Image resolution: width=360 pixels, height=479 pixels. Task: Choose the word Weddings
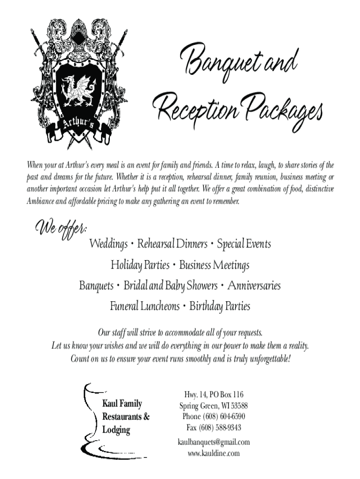pos(108,244)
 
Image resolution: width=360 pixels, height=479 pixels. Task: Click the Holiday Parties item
pos(140,265)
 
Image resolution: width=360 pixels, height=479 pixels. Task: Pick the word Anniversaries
pos(254,285)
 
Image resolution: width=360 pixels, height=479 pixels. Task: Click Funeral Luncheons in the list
pos(144,306)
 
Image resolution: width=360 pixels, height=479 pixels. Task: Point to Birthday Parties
pos(220,307)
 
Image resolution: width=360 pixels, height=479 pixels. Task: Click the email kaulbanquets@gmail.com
pos(214,442)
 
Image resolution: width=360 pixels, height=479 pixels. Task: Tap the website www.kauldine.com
pos(214,453)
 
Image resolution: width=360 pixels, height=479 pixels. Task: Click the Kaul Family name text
pos(122,404)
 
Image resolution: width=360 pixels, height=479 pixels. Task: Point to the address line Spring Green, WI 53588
pos(214,406)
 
